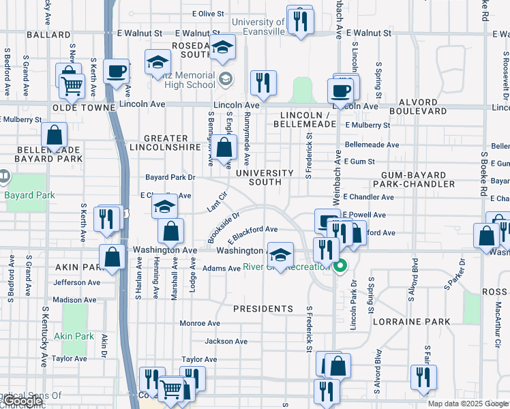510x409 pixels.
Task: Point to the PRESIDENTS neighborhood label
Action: click(262, 309)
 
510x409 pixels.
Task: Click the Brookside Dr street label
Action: click(224, 227)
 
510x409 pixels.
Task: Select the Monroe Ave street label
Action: click(199, 323)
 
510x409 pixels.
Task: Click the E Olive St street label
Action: click(208, 14)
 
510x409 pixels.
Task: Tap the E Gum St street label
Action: click(360, 162)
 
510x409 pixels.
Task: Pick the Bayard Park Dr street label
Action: click(170, 177)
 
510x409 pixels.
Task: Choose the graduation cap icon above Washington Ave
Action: click(280, 254)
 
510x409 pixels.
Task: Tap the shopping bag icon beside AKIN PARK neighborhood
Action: click(112, 257)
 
